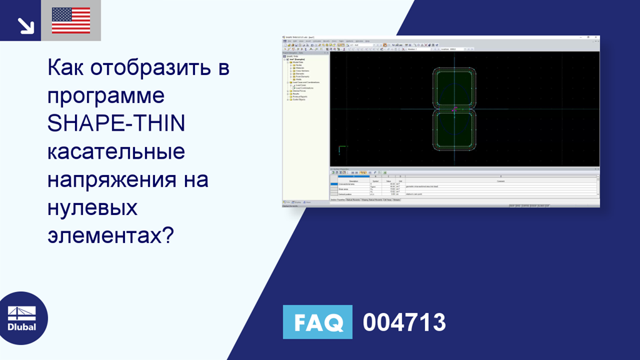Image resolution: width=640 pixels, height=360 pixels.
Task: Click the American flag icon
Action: (71, 21)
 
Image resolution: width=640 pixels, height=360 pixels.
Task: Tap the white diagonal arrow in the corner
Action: (24, 25)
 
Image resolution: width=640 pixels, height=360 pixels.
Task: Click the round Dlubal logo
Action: (22, 317)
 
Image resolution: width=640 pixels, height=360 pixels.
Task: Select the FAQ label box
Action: (317, 322)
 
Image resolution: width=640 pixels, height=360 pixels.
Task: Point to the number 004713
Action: (404, 322)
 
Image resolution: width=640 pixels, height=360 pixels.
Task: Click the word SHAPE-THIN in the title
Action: (116, 124)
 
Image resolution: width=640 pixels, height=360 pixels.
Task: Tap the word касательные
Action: (116, 152)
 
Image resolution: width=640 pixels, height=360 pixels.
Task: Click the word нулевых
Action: (92, 208)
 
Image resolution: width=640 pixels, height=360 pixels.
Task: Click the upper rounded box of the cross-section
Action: (454, 87)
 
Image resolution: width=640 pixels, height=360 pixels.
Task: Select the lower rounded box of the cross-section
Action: (454, 131)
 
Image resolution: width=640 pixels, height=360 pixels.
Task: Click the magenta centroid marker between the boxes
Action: (454, 109)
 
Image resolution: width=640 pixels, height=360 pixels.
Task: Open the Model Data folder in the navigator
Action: (298, 62)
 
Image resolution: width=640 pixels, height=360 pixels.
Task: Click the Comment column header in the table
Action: (500, 181)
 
